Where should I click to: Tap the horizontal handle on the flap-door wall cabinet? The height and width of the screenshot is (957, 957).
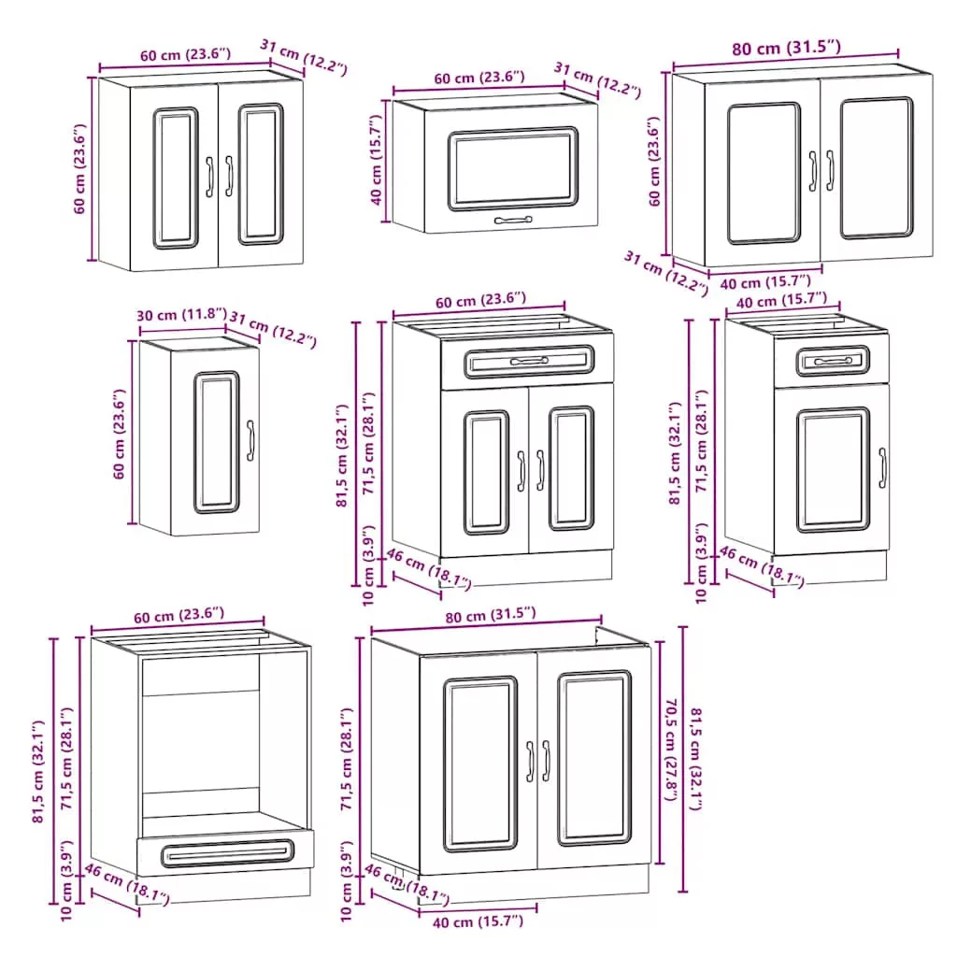513,221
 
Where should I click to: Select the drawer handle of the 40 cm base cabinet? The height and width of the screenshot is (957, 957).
832,361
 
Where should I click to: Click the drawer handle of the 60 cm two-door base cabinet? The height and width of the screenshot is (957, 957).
528,361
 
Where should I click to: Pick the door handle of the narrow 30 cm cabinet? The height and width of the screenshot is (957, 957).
250,441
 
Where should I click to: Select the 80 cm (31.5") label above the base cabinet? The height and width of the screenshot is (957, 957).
490,614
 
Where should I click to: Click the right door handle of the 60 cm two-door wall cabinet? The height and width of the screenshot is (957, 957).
229,175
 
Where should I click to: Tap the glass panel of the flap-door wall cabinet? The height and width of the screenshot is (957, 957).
512,168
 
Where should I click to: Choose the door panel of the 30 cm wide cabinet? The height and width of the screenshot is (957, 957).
217,442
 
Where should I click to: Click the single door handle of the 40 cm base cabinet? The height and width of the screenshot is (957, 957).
882,467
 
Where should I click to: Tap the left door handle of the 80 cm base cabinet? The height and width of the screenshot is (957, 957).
528,761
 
